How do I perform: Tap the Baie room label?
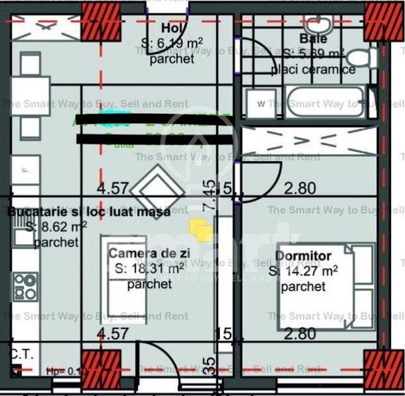pyautogui.click(x=313, y=39)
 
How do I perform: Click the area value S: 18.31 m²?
pyautogui.click(x=149, y=268)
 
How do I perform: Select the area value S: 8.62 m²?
pyautogui.click(x=56, y=226)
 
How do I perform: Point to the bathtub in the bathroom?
pyautogui.click(x=324, y=103)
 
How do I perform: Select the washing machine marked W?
pyautogui.click(x=261, y=104)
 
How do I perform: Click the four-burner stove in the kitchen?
pyautogui.click(x=26, y=286)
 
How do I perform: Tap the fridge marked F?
pyautogui.click(x=25, y=170)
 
